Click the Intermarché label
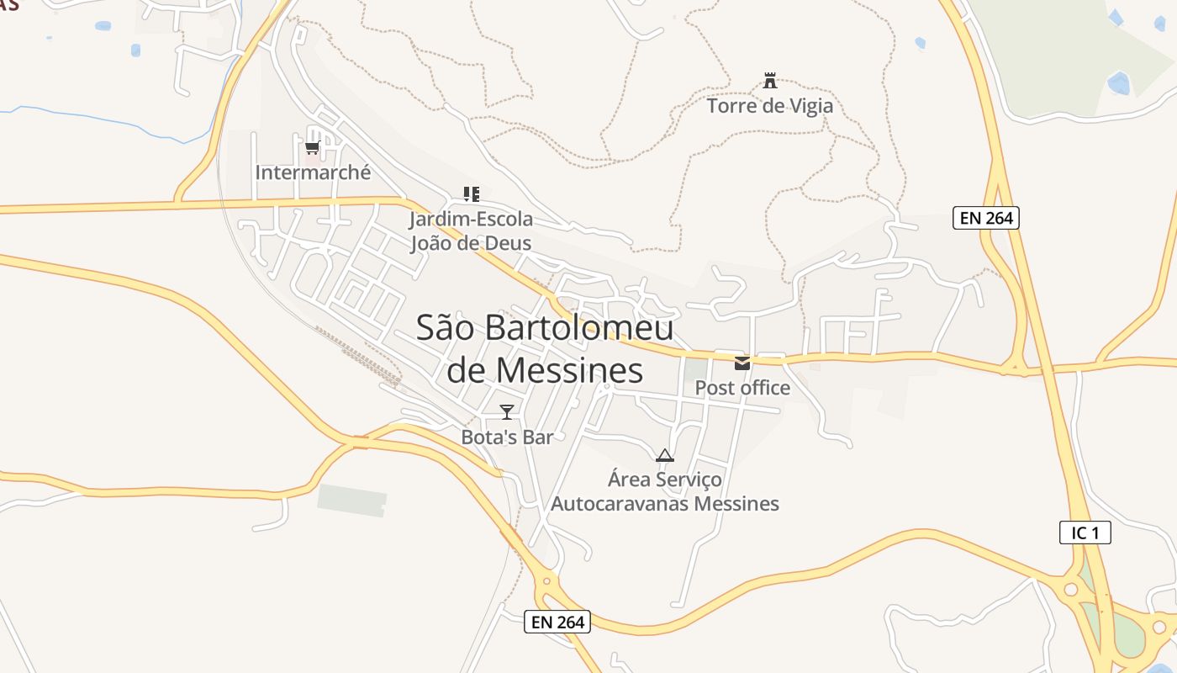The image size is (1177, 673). pyautogui.click(x=313, y=172)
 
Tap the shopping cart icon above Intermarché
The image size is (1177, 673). pyautogui.click(x=312, y=148)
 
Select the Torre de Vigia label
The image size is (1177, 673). pyautogui.click(x=769, y=106)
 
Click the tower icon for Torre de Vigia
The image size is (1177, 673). pyautogui.click(x=769, y=82)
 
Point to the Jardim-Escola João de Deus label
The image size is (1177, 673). pyautogui.click(x=471, y=231)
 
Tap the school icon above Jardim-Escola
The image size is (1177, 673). pyautogui.click(x=471, y=194)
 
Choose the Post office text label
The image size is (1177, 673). pyautogui.click(x=742, y=388)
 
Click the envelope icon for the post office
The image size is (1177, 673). pyautogui.click(x=742, y=363)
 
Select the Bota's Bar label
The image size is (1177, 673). pyautogui.click(x=507, y=437)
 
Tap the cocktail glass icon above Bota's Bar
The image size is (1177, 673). pyautogui.click(x=507, y=411)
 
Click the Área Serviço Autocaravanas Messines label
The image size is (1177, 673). pyautogui.click(x=664, y=492)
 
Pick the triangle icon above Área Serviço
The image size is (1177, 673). pyautogui.click(x=664, y=456)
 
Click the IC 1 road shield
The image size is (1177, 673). pyautogui.click(x=1085, y=533)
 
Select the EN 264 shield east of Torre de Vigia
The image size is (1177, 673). pyautogui.click(x=986, y=218)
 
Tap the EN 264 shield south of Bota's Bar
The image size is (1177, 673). pyautogui.click(x=557, y=623)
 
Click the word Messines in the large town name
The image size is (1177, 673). pyautogui.click(x=569, y=370)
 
